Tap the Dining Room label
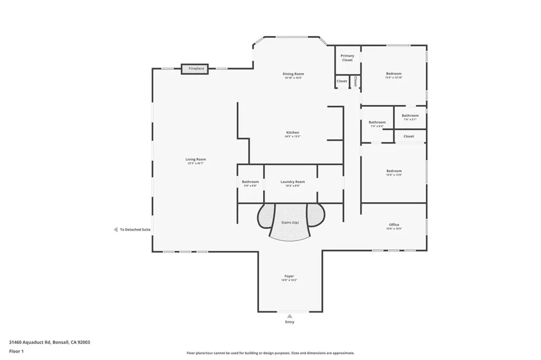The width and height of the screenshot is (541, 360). [x=293, y=74]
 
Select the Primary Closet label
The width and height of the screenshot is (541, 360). [x=347, y=58]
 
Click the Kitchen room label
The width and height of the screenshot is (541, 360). [x=293, y=133]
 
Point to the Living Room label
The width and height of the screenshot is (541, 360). [x=195, y=160]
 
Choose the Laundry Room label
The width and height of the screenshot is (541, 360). [x=292, y=182]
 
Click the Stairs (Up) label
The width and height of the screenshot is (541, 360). [x=288, y=223]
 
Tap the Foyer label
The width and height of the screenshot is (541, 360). [x=289, y=277]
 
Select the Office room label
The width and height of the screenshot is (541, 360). [x=394, y=225]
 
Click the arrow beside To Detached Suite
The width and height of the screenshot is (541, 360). [x=116, y=230]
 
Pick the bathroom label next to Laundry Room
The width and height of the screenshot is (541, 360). [x=250, y=182]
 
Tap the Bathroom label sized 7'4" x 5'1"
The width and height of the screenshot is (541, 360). [x=410, y=116]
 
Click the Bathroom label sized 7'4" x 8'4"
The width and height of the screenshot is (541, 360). [x=377, y=123]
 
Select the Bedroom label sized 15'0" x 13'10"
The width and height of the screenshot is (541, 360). [x=394, y=74]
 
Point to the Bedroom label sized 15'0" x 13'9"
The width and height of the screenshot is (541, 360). [x=394, y=172]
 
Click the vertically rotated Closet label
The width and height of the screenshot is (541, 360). [x=356, y=81]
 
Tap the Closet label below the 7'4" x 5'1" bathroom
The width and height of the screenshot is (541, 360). [x=408, y=136]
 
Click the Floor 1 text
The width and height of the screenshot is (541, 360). [x=16, y=351]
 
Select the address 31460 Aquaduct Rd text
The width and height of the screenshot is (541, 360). [x=49, y=342]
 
